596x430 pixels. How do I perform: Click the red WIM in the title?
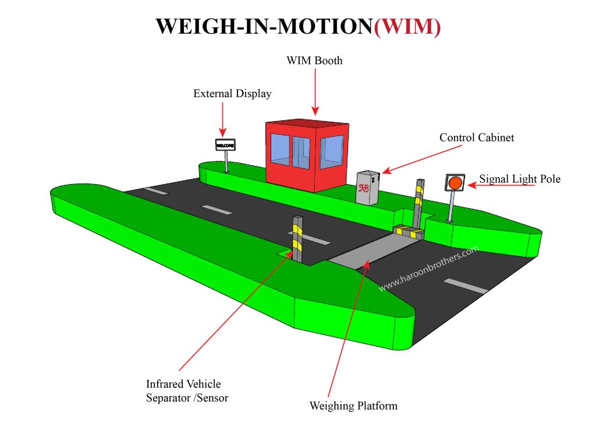pyautogui.click(x=407, y=27)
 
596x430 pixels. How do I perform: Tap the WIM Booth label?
pyautogui.click(x=314, y=61)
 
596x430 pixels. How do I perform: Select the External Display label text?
pyautogui.click(x=232, y=94)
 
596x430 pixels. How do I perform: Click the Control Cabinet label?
pyautogui.click(x=477, y=138)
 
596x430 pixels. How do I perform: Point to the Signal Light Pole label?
pyautogui.click(x=520, y=179)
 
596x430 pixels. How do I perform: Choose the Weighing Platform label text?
pyautogui.click(x=353, y=406)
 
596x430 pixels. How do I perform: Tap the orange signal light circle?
pyautogui.click(x=455, y=183)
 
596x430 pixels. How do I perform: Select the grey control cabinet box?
pyautogui.click(x=368, y=187)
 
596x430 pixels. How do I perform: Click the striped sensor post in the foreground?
pyautogui.click(x=297, y=239)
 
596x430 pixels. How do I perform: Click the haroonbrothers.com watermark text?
pyautogui.click(x=428, y=268)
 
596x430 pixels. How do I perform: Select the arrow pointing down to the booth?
pyautogui.click(x=314, y=90)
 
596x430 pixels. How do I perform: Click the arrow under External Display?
pyautogui.click(x=222, y=119)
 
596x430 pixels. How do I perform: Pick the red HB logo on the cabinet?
pyautogui.click(x=364, y=188)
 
